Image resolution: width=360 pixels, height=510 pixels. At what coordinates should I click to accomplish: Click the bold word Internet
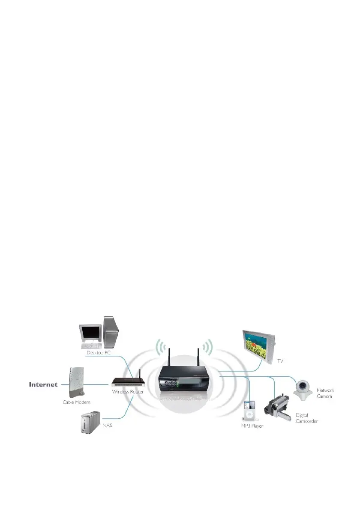43,384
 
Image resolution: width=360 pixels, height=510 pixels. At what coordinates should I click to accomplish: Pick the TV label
280,361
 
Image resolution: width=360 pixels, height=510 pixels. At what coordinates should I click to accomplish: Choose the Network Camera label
325,393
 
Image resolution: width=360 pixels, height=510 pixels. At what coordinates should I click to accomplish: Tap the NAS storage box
89,423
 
